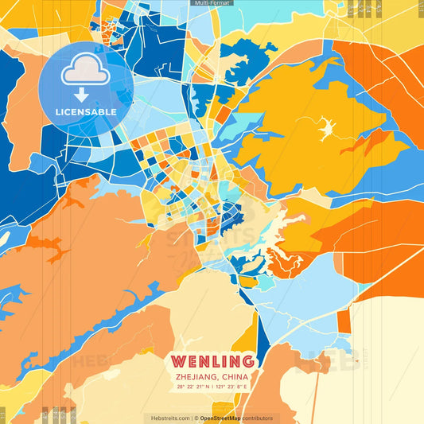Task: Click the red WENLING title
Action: (212, 361)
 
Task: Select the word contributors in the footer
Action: (259, 418)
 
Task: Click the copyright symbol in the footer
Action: (196, 418)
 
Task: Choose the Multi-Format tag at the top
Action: (212, 3)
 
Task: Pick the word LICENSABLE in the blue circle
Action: (86, 112)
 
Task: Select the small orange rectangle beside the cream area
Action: (344, 321)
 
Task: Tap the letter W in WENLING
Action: (179, 361)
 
